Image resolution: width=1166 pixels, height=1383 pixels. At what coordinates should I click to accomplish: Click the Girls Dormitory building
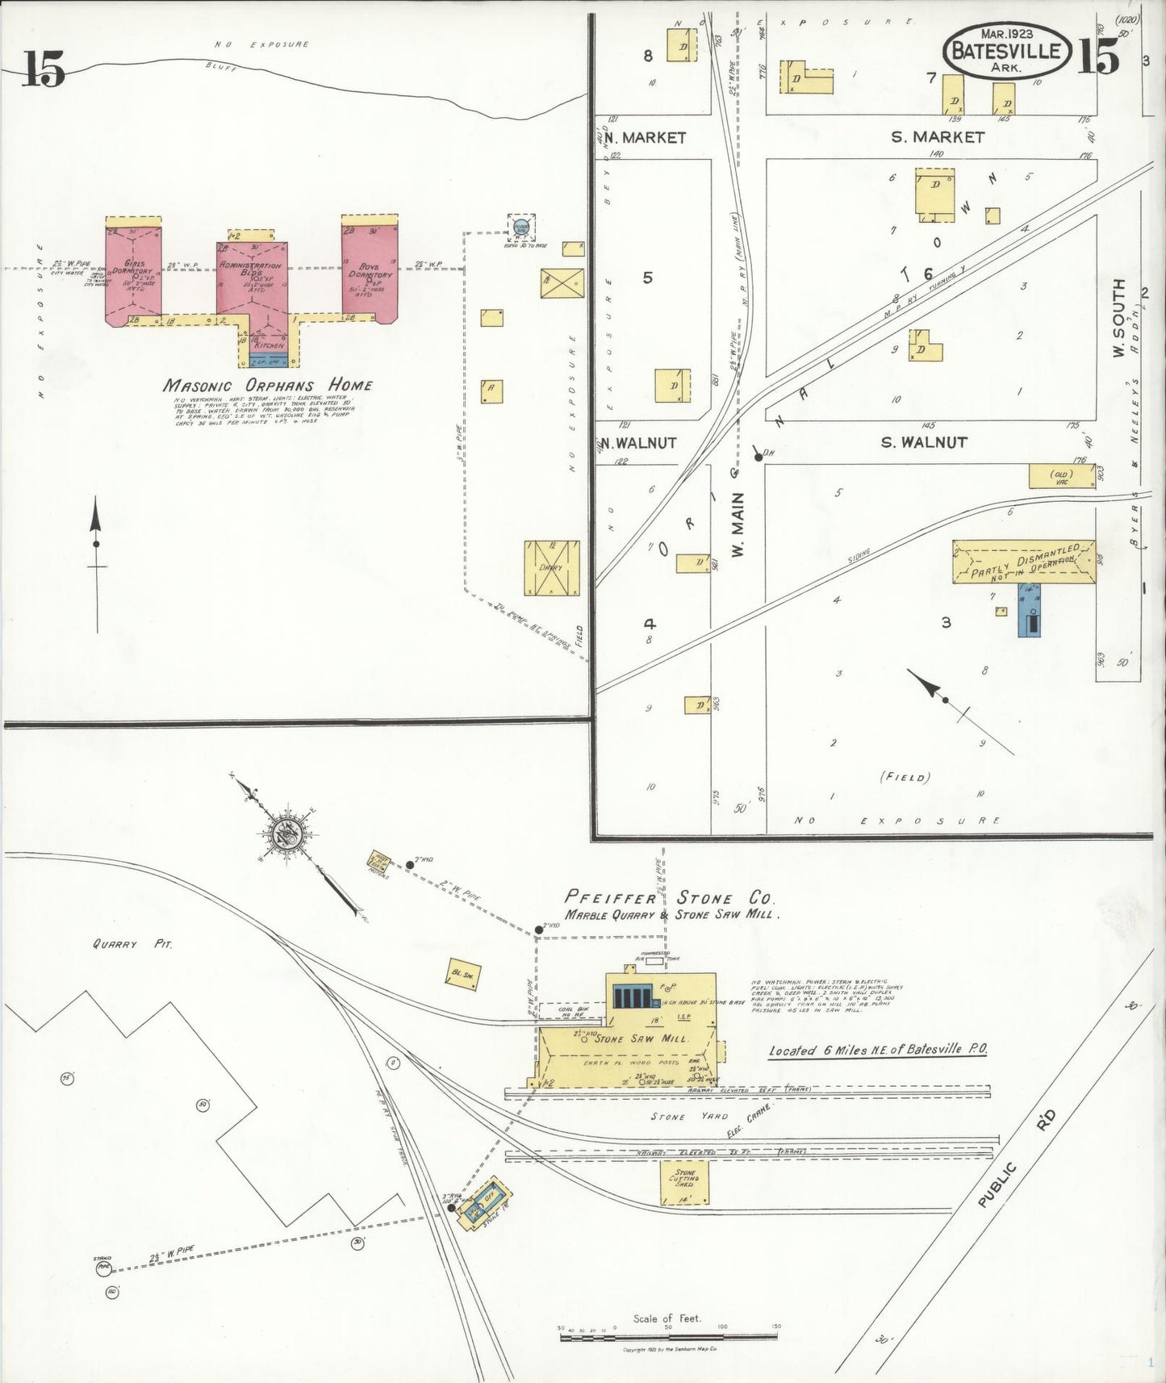tap(133, 274)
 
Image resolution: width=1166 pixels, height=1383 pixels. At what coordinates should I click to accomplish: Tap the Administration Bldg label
tap(251, 269)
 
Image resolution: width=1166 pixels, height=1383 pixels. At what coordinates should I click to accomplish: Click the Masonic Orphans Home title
tap(268, 385)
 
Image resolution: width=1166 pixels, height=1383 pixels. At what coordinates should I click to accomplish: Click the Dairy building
tap(552, 568)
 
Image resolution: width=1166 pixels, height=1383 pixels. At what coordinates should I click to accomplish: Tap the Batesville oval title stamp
tap(1006, 51)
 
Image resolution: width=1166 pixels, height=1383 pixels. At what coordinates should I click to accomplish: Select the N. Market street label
tap(645, 138)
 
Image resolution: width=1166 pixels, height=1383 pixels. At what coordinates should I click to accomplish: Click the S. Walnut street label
tap(924, 442)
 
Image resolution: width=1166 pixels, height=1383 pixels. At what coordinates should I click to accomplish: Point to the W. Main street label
tap(738, 524)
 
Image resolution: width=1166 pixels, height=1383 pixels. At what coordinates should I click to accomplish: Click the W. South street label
tap(1118, 318)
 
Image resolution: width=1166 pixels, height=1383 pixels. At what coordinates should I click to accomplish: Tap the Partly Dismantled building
tap(1023, 562)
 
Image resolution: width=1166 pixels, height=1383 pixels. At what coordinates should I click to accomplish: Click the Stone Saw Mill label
tap(642, 1038)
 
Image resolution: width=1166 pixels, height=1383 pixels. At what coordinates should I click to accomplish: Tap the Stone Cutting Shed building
tap(685, 1183)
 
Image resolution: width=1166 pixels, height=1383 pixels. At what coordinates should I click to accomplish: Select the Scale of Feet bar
tap(667, 1337)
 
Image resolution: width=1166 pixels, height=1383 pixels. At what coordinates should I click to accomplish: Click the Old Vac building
tap(1061, 475)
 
